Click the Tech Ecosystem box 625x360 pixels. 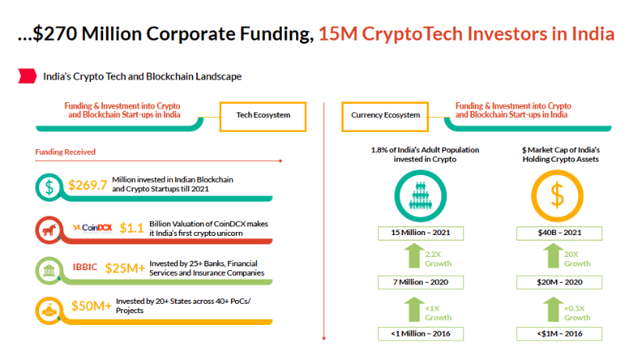coord(262,115)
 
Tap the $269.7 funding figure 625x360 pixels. coord(87,185)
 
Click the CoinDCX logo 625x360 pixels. coord(93,227)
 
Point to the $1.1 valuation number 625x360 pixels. coord(130,228)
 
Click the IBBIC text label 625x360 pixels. coord(85,266)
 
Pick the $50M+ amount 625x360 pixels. coord(89,305)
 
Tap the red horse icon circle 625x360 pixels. coord(49,229)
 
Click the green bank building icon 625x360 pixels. coord(49,269)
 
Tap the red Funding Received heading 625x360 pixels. coord(65,151)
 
